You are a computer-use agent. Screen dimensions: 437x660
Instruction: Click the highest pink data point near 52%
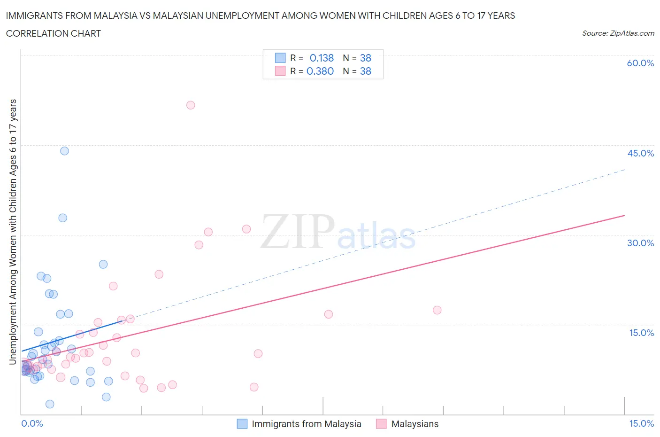(x=191, y=105)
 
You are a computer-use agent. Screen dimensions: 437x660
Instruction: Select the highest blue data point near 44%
(x=64, y=151)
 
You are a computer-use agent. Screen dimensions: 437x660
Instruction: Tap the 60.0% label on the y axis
(x=640, y=63)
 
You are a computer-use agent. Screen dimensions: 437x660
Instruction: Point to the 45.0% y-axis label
(x=640, y=153)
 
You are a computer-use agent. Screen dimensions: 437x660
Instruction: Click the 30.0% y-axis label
(x=640, y=243)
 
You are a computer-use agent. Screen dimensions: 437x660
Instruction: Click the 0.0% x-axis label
(x=32, y=423)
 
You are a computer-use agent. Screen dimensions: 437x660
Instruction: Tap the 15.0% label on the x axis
(x=641, y=423)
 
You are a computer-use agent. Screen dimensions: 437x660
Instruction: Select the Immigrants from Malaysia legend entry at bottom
(x=306, y=424)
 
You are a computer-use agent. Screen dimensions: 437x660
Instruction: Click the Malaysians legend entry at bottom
(x=414, y=424)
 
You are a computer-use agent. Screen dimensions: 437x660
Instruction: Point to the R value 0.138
(x=322, y=58)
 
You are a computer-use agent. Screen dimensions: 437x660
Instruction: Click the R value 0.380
(x=320, y=71)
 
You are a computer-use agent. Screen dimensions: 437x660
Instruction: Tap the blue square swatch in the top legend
(x=280, y=58)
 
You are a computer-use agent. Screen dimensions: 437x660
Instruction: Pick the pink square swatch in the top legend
(x=280, y=71)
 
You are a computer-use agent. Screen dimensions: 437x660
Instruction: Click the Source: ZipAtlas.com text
(x=618, y=33)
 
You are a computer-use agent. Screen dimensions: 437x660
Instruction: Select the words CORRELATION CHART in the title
(x=53, y=33)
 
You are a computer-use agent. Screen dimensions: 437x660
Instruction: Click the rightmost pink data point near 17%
(x=437, y=310)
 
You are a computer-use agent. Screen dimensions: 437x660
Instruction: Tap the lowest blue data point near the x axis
(x=50, y=404)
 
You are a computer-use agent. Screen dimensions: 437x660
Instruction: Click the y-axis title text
(x=13, y=232)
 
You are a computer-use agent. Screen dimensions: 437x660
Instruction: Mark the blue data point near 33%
(x=62, y=218)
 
